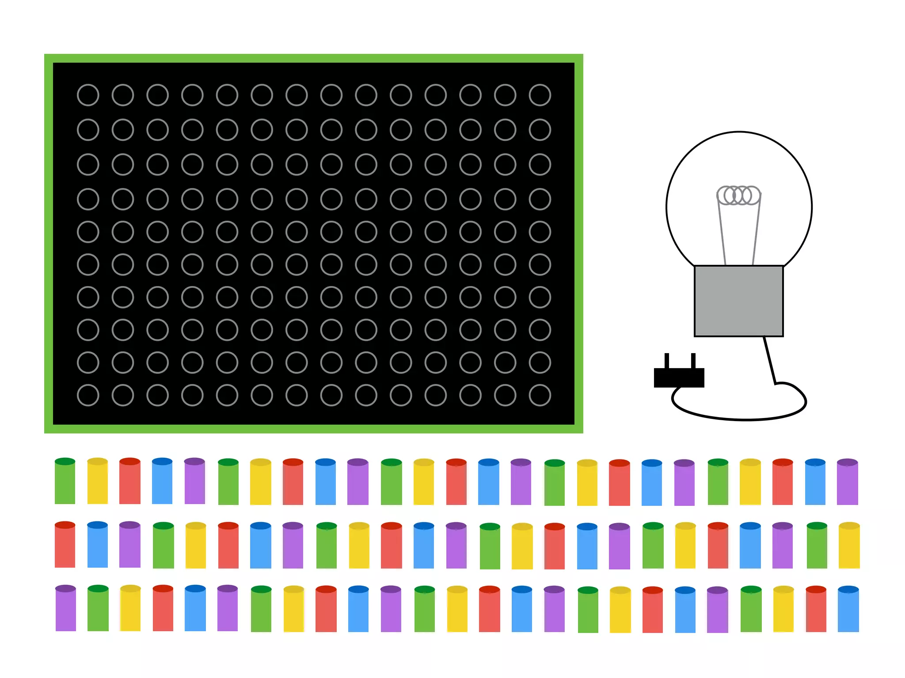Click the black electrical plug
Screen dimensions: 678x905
tap(679, 377)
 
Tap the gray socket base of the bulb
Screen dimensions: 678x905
tap(738, 301)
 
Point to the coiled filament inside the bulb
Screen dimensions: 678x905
tap(738, 195)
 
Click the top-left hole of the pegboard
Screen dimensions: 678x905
tap(88, 95)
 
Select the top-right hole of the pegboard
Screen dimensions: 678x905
tap(540, 95)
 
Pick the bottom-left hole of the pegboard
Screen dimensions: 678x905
tap(88, 395)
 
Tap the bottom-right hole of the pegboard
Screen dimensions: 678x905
tap(540, 395)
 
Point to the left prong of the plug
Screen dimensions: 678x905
tap(667, 361)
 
